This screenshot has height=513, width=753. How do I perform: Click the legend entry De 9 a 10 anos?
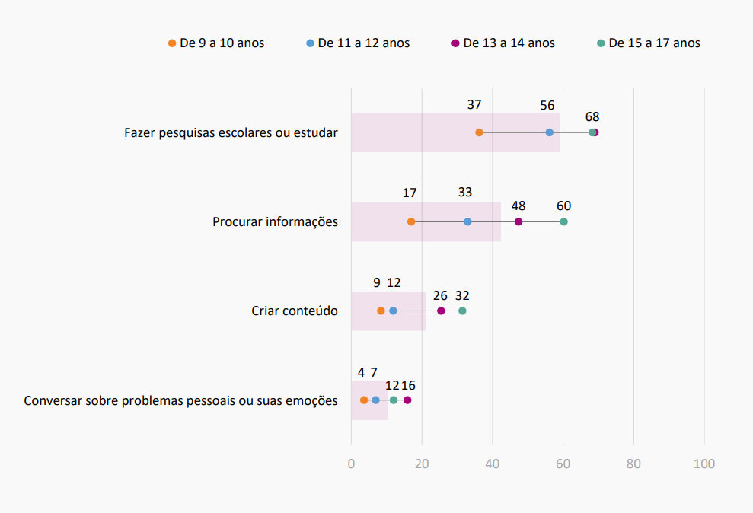(216, 43)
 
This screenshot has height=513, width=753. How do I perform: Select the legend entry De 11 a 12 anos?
(358, 43)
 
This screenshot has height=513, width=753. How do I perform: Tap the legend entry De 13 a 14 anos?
(503, 43)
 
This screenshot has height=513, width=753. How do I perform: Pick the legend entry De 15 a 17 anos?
(649, 43)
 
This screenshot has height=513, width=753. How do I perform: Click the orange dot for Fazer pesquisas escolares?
(479, 132)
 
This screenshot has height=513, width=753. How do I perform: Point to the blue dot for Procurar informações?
(467, 221)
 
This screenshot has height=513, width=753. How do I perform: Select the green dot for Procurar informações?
(563, 221)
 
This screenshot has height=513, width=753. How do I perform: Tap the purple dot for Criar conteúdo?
(441, 311)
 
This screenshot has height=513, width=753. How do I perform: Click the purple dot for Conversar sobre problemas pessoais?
(407, 400)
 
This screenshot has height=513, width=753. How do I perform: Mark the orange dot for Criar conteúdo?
(381, 311)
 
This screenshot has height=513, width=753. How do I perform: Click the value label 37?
(474, 105)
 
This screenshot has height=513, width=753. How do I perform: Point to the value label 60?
(563, 206)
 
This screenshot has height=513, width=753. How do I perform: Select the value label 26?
(440, 295)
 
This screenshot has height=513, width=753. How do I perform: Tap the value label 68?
(592, 117)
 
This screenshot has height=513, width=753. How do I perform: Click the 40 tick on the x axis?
(493, 464)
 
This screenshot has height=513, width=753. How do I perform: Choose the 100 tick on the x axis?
(704, 464)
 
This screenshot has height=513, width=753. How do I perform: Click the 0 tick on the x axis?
(351, 464)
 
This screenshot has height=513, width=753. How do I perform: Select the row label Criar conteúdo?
(295, 311)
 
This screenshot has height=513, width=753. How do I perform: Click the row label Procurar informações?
(275, 222)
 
